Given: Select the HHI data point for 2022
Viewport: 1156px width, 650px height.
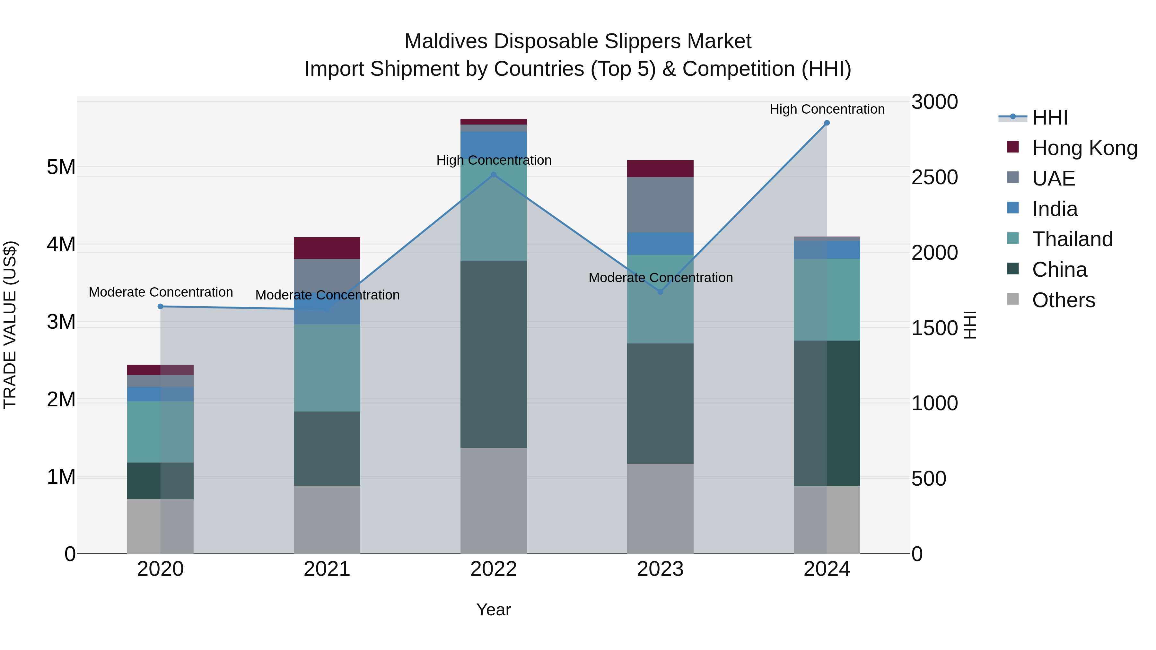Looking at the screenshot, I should [x=494, y=175].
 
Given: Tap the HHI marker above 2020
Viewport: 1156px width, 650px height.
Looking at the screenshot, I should [x=160, y=307].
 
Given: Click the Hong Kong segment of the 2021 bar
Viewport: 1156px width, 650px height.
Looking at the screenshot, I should [x=327, y=248].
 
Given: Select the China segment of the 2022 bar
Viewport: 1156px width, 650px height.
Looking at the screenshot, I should [x=494, y=354].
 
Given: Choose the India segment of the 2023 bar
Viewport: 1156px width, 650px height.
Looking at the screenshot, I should [x=660, y=244].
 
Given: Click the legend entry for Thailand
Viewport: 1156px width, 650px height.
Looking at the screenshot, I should [x=1072, y=239].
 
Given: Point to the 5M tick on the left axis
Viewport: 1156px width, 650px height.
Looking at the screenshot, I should [x=61, y=167].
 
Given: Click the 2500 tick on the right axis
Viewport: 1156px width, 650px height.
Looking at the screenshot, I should [x=934, y=177].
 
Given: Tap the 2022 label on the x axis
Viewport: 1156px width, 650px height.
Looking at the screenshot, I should [x=494, y=569].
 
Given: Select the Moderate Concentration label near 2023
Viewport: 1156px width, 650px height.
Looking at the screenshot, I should [x=660, y=278].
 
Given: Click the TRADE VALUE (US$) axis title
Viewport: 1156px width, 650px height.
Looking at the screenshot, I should [x=10, y=325].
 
